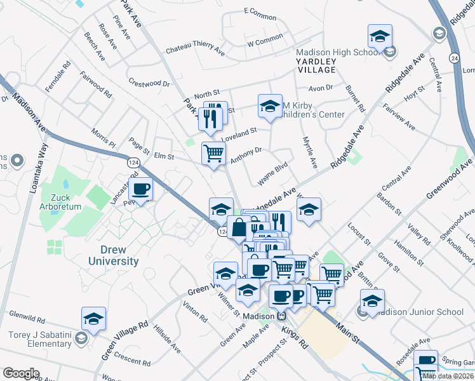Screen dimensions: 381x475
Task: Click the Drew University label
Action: (x=110, y=255)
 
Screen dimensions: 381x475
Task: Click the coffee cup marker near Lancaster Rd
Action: (x=140, y=189)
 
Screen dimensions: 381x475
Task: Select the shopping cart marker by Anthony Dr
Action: (x=213, y=152)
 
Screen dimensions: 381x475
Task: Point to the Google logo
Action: (x=21, y=373)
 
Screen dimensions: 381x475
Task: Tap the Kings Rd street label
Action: (x=297, y=338)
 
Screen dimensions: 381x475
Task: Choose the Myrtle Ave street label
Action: (x=309, y=152)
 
